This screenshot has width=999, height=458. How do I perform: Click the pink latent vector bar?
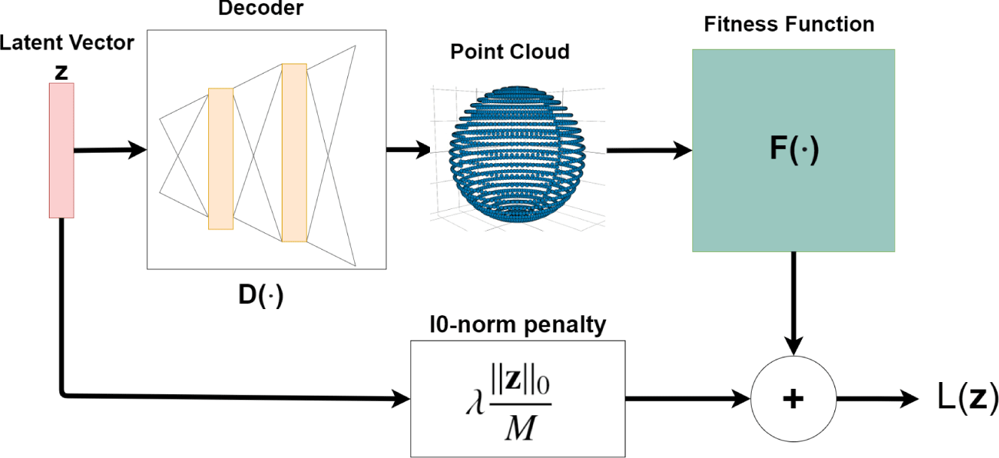pos(61,150)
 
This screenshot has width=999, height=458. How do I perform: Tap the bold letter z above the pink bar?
pos(61,71)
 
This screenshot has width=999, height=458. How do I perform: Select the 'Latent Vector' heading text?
pos(66,43)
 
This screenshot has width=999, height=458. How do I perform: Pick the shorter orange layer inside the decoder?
pos(221,158)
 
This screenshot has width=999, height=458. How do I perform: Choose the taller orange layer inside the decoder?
pos(294,153)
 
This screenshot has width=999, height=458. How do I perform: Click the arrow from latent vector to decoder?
pos(110,150)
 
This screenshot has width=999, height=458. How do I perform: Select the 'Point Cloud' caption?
pos(510,52)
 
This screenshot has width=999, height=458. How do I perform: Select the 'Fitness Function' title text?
pos(789,25)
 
